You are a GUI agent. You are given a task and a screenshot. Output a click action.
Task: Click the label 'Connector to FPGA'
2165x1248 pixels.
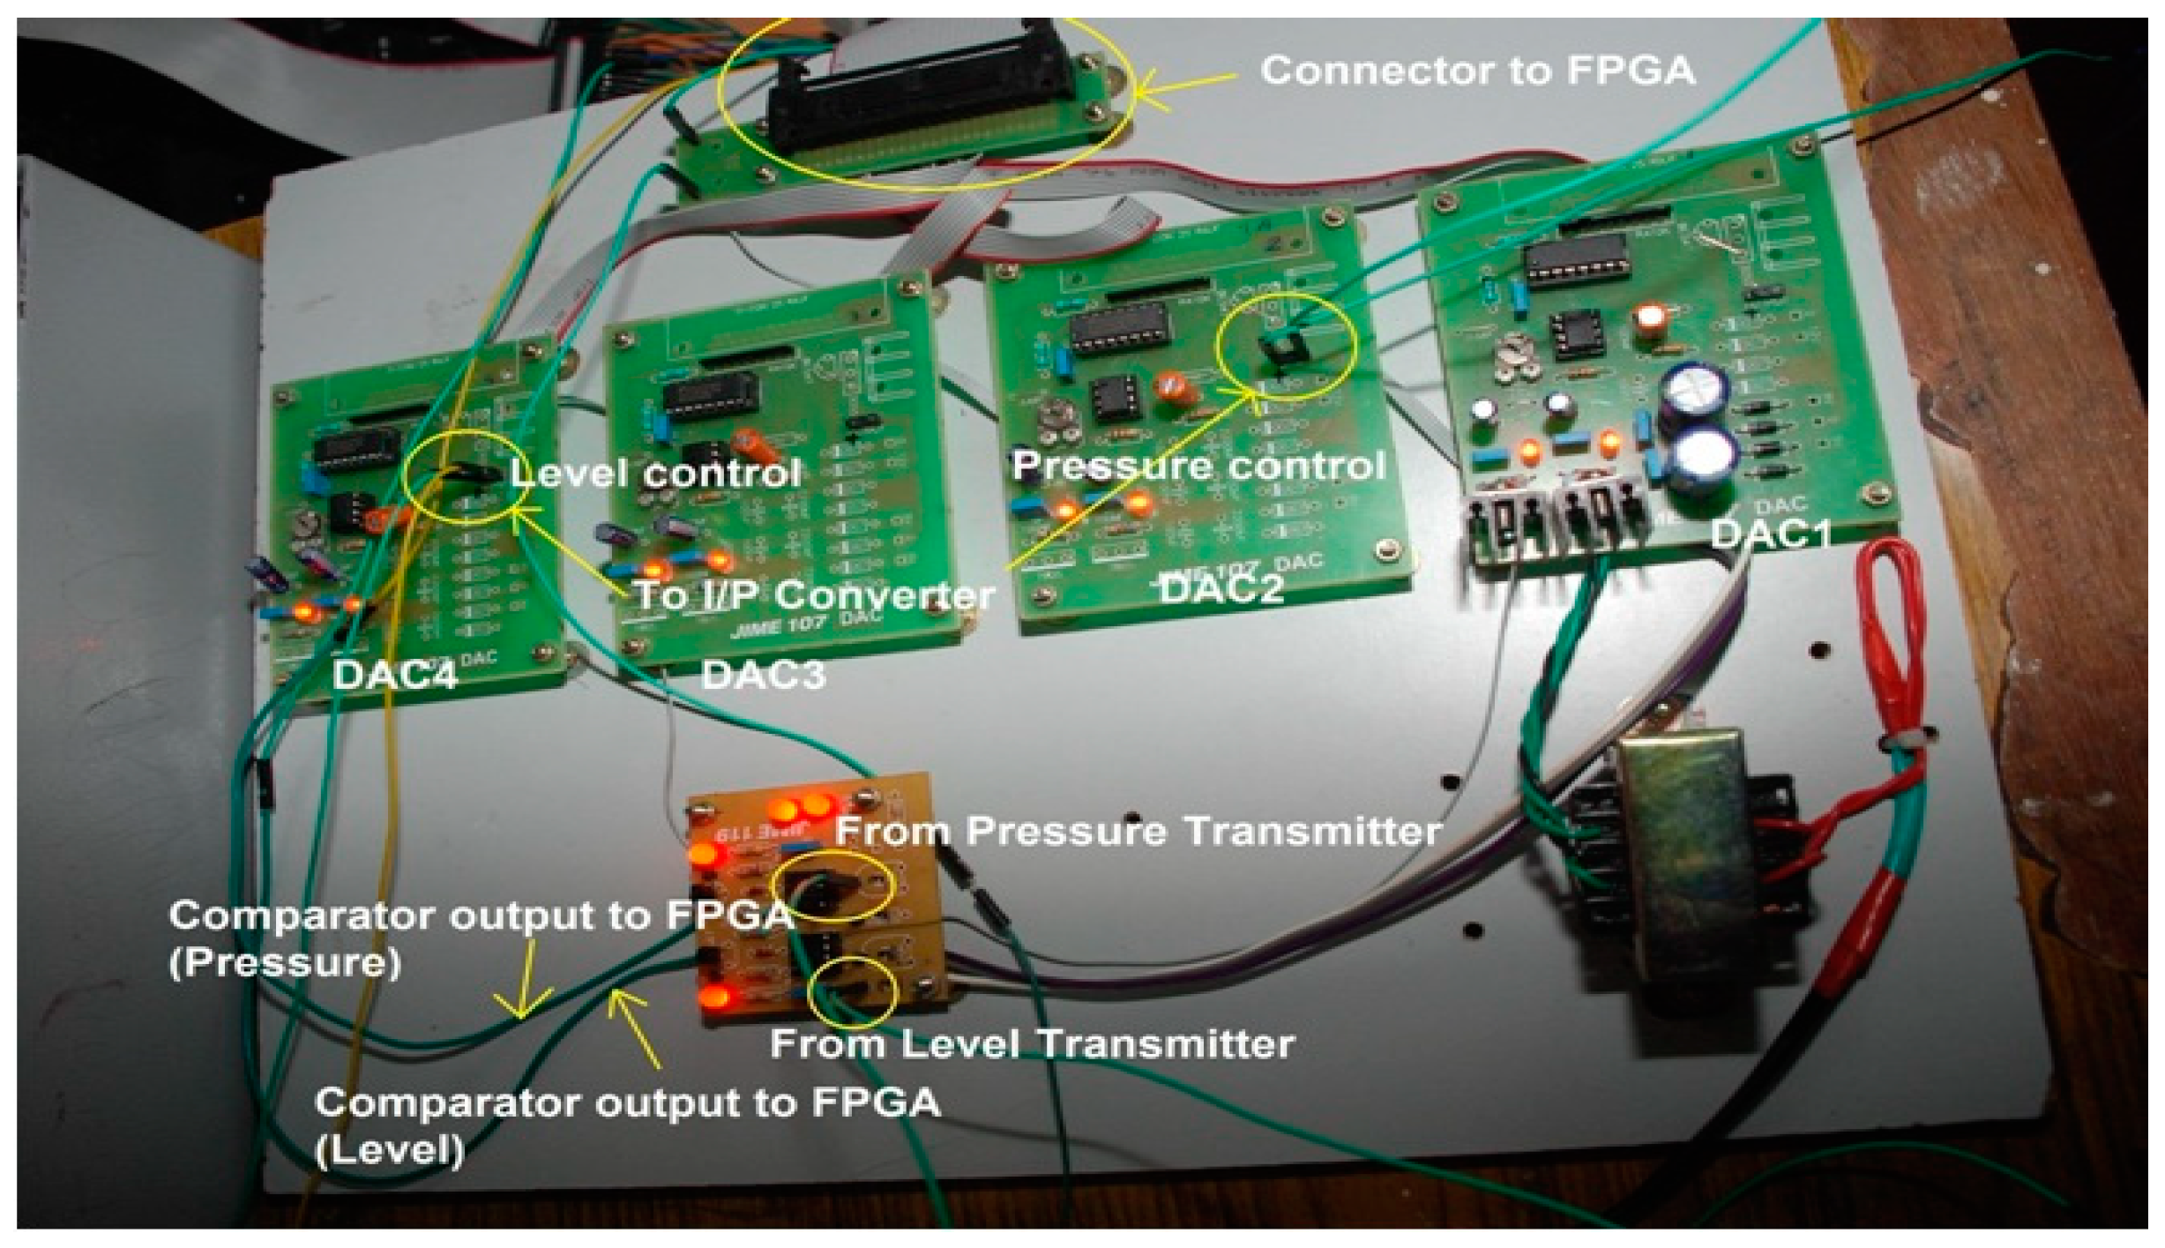pos(1477,71)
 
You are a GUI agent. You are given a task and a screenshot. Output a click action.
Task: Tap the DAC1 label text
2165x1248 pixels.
pos(1771,534)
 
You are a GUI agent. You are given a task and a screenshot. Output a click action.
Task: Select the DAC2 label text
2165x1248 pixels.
pos(1221,589)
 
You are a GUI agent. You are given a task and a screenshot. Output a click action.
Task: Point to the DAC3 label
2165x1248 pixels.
pos(764,675)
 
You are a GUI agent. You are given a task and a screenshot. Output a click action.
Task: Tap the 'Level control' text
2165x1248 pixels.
pos(655,474)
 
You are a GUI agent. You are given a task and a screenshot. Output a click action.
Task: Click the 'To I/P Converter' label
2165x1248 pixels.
pos(814,595)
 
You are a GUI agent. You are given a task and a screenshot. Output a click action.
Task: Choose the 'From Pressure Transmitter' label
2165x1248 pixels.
pos(1138,831)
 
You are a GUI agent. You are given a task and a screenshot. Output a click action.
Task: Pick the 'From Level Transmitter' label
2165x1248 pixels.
pos(1032,1044)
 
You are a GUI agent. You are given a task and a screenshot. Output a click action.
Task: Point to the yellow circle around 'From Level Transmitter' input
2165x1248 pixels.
pos(854,991)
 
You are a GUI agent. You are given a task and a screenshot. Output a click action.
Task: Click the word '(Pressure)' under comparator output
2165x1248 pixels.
pos(285,962)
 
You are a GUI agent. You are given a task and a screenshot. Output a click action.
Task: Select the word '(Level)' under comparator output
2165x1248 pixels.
pos(389,1150)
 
